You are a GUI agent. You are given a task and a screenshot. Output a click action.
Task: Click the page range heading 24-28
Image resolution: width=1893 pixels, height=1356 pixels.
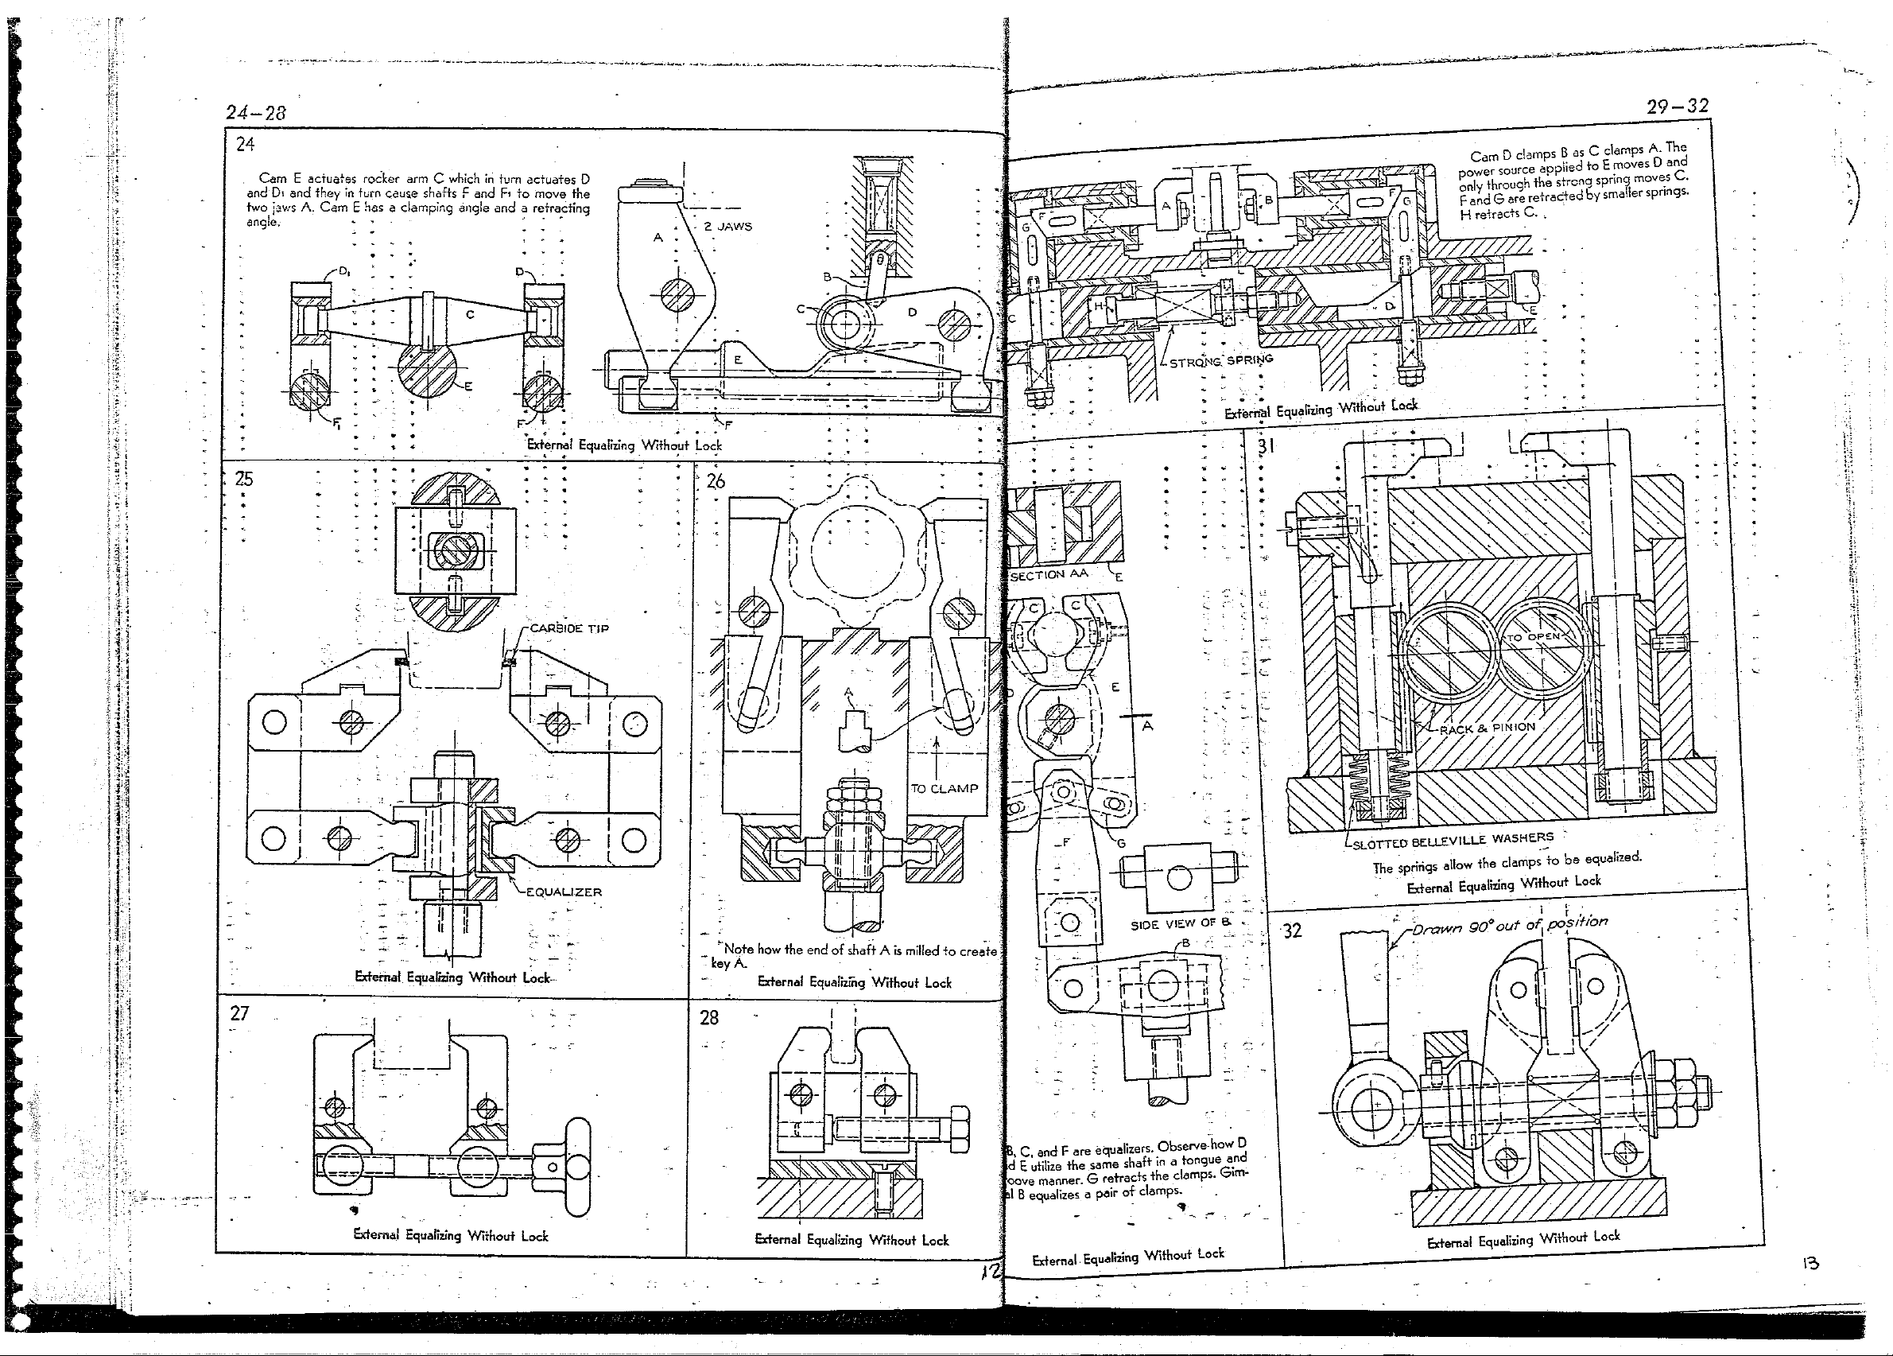coord(255,113)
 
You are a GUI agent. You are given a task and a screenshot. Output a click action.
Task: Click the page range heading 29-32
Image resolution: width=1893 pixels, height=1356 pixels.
coord(1678,106)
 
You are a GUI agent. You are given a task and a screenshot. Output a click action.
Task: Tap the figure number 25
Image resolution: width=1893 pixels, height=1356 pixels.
coord(244,479)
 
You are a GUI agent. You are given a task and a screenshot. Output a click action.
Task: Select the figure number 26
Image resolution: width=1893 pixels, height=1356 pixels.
coord(716,481)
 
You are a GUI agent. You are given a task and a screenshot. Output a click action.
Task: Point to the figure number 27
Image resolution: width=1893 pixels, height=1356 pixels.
coord(239,1013)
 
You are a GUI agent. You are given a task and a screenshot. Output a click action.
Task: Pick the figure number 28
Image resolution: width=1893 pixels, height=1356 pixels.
coord(708,1017)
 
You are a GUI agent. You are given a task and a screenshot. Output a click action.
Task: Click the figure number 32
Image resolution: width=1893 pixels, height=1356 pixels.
coord(1291,931)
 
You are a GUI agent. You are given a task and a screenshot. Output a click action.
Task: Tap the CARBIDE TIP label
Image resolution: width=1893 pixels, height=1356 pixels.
coord(569,628)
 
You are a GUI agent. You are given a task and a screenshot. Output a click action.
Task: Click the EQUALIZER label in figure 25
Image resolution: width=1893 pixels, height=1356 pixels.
coord(564,892)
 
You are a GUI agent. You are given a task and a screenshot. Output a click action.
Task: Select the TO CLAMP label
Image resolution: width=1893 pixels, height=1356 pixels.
coord(944,788)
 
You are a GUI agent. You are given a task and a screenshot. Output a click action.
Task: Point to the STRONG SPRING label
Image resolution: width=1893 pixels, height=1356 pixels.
coord(1221,362)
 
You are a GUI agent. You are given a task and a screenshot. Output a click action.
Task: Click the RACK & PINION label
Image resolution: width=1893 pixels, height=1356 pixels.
coord(1488,727)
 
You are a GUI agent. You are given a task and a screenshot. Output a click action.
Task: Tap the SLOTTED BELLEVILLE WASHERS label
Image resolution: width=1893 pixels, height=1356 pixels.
coord(1453,840)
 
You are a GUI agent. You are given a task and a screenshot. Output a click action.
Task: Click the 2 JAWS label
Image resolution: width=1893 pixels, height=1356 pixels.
coord(727,227)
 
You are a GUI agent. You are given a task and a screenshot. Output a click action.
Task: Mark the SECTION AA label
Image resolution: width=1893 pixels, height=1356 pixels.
coord(1049,574)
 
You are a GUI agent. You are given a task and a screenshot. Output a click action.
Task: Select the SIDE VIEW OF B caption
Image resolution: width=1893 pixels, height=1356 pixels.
coord(1180,923)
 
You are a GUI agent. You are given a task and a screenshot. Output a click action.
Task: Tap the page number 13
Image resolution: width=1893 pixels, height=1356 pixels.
coord(1810,1263)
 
